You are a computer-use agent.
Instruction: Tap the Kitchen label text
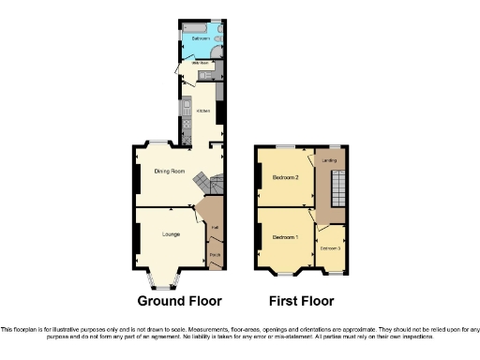202,110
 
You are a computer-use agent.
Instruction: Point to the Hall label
215,229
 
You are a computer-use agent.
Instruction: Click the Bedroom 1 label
285,237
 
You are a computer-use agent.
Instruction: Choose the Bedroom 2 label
285,177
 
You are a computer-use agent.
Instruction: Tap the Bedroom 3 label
331,248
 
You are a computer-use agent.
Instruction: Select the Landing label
329,160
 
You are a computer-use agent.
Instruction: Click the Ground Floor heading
179,301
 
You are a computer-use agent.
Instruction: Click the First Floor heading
300,301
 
